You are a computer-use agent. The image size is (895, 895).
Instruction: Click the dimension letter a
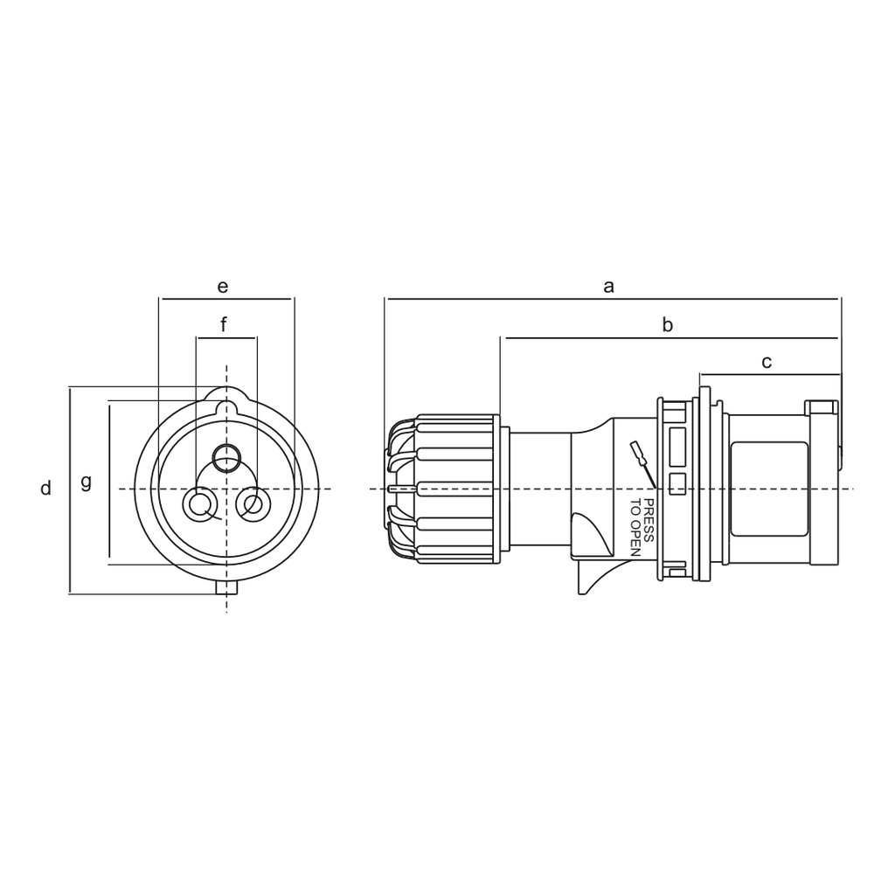[609, 287]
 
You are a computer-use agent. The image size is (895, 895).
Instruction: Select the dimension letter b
[667, 326]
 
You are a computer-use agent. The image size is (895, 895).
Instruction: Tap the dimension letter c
[767, 362]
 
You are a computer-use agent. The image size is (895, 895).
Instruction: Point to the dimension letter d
[45, 489]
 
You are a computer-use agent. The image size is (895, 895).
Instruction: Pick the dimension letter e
[223, 287]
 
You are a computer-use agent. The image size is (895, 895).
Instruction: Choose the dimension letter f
[224, 326]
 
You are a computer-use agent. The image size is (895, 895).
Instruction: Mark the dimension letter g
[86, 481]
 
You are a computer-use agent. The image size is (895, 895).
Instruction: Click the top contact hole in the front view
[227, 455]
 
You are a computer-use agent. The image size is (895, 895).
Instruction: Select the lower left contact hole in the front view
[199, 504]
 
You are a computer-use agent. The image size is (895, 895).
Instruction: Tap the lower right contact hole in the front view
[253, 504]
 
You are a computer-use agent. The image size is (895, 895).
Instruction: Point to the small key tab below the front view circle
[226, 588]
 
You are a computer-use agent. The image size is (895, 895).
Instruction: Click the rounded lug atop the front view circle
[226, 399]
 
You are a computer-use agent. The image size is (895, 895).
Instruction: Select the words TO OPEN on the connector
[635, 527]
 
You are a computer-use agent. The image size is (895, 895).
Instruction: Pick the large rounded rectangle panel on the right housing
[768, 489]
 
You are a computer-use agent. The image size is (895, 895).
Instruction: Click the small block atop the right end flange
[821, 407]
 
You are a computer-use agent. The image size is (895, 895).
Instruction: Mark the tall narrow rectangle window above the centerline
[676, 447]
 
